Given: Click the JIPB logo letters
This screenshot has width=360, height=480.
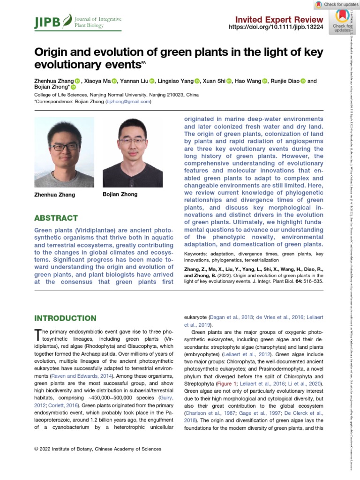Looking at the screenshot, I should pyautogui.click(x=48, y=22).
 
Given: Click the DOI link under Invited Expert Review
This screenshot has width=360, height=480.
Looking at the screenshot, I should pyautogui.click(x=275, y=28).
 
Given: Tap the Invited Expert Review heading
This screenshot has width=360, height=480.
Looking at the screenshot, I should pyautogui.click(x=279, y=19).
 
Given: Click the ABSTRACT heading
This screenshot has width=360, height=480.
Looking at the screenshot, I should pyautogui.click(x=56, y=218).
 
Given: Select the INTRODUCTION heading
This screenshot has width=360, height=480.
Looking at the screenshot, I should pyautogui.click(x=65, y=318).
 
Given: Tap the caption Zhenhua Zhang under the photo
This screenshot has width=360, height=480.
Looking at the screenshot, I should pyautogui.click(x=54, y=195).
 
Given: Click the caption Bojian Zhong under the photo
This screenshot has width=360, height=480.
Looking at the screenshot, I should pyautogui.click(x=120, y=194).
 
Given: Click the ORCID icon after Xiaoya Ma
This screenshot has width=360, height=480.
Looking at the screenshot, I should pyautogui.click(x=115, y=81).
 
